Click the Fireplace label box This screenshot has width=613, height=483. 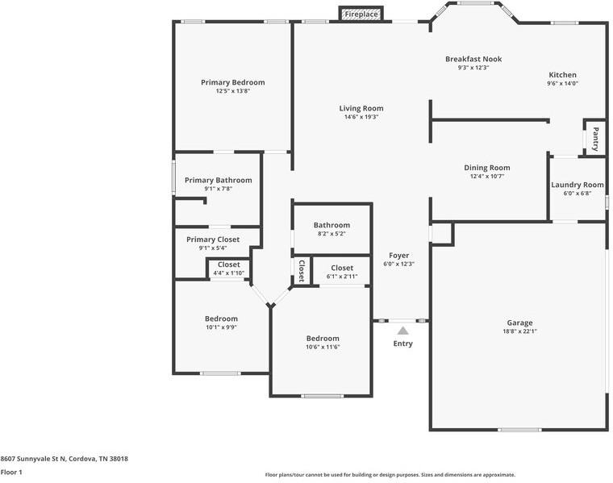tap(361, 15)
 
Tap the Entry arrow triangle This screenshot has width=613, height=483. tap(402, 330)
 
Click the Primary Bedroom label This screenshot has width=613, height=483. tap(232, 82)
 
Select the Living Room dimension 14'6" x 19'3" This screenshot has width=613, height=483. tap(361, 118)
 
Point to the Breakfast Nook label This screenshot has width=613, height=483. tap(473, 59)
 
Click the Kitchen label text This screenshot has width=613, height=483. tap(562, 75)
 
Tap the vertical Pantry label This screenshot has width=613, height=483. tap(595, 139)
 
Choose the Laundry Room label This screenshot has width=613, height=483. tap(577, 185)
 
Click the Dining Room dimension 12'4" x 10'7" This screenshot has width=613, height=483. tap(486, 177)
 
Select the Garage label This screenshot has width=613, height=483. tap(519, 323)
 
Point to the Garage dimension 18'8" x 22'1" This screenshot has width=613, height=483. tap(519, 331)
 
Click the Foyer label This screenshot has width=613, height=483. tap(399, 255)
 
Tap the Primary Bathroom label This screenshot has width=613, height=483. tap(218, 180)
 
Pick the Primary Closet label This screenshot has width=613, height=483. tap(212, 239)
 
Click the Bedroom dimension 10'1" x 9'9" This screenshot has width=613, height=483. tap(220, 327)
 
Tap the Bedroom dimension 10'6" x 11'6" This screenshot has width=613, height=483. tap(322, 348)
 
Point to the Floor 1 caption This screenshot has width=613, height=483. tap(11, 472)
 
